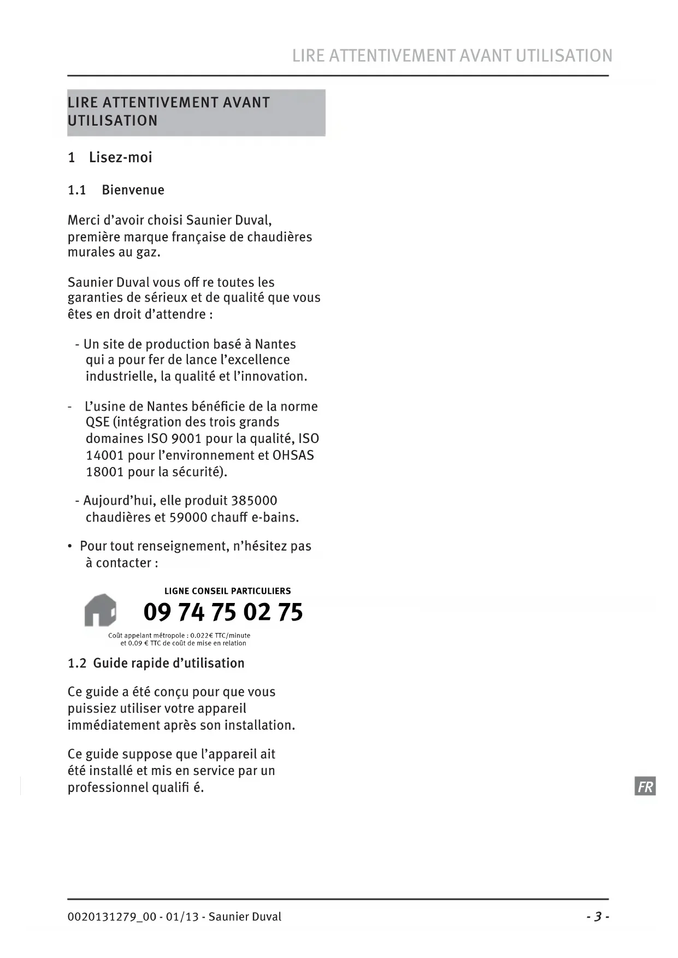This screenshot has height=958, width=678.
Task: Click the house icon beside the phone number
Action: pyautogui.click(x=101, y=610)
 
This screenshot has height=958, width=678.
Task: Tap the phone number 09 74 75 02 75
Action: pyautogui.click(x=223, y=612)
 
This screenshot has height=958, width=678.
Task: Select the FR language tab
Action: pyautogui.click(x=645, y=786)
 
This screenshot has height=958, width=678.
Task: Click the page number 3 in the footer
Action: pyautogui.click(x=598, y=916)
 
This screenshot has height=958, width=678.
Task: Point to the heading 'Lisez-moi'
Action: pyautogui.click(x=120, y=157)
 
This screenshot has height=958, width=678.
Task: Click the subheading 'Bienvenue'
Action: pyautogui.click(x=133, y=190)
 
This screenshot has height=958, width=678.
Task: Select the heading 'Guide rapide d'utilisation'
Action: pyautogui.click(x=168, y=663)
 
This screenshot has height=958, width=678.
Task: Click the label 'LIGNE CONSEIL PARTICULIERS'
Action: pyautogui.click(x=227, y=591)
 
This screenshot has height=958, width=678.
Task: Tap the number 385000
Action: pyautogui.click(x=254, y=501)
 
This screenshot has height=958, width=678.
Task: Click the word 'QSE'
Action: pyautogui.click(x=97, y=422)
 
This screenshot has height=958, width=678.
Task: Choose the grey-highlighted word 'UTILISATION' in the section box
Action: pyautogui.click(x=113, y=121)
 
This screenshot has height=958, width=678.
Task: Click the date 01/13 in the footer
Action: pyautogui.click(x=182, y=917)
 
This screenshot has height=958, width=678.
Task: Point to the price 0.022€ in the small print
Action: pyautogui.click(x=202, y=636)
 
